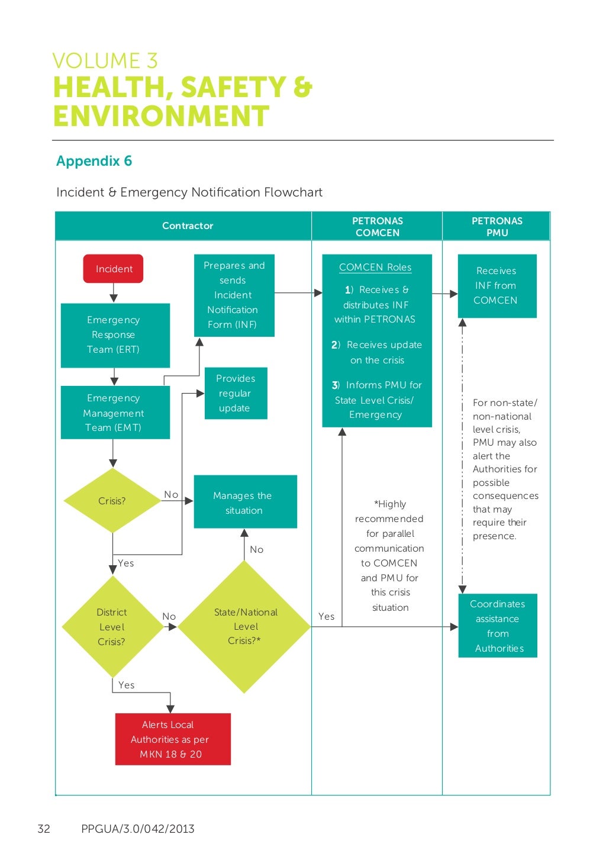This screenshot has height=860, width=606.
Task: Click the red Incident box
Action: click(x=113, y=269)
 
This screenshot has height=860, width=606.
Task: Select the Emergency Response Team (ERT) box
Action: click(x=115, y=335)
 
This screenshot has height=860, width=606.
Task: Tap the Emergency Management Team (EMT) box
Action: click(x=115, y=413)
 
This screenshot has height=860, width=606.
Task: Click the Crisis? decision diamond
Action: click(x=112, y=501)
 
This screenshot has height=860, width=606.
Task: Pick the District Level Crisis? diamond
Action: click(x=112, y=627)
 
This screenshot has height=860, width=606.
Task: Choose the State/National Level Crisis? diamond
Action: click(x=244, y=627)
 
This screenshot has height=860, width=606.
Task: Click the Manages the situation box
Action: click(x=245, y=502)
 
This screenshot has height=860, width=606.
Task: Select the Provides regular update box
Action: click(x=236, y=393)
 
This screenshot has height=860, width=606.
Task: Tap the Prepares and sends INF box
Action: click(x=234, y=295)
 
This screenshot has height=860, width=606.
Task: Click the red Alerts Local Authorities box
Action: click(x=172, y=739)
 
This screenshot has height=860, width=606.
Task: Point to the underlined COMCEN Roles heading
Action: click(x=375, y=268)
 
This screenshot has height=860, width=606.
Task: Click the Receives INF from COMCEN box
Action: click(x=497, y=286)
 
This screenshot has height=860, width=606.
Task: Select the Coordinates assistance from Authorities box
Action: click(x=498, y=626)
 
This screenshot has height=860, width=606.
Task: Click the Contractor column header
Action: click(x=187, y=226)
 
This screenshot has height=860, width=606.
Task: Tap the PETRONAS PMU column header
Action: click(x=497, y=227)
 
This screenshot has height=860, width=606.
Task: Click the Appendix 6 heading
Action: click(x=94, y=161)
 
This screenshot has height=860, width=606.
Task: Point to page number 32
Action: click(x=44, y=829)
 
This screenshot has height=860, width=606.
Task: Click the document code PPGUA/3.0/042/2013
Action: click(x=137, y=829)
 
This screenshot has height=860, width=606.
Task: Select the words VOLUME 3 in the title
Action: click(x=105, y=61)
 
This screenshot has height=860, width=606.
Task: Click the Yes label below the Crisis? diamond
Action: click(x=126, y=563)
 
